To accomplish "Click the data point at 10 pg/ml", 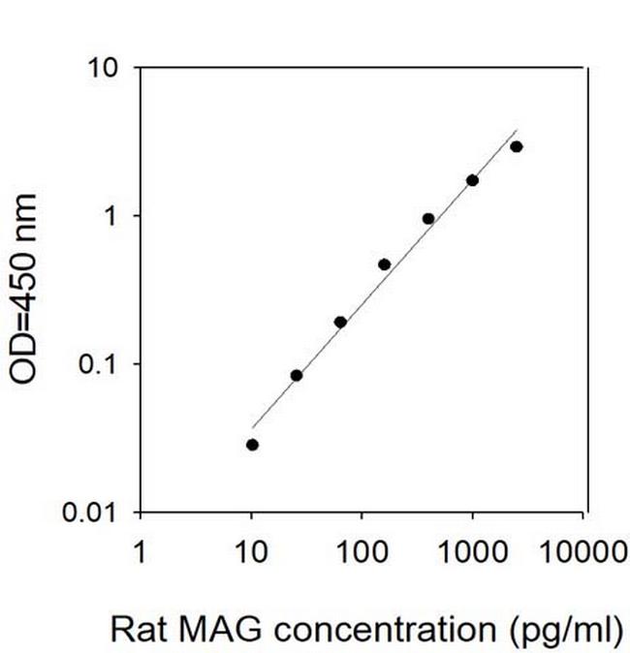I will [252, 445].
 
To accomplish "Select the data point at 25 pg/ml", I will [297, 376].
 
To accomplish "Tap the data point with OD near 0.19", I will [340, 322].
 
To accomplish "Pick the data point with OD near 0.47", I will [384, 264].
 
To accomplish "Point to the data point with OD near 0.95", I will [428, 219].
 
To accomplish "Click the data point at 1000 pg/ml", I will [472, 180].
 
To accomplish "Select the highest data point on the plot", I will [517, 147].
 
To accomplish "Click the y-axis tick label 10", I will [105, 68].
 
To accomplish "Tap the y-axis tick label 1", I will [112, 216].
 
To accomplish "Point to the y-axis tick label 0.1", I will [101, 364].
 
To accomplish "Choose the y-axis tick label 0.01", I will [94, 512].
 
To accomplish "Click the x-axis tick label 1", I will [142, 552].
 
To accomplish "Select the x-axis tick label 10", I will [252, 552].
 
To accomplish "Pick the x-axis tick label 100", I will [362, 552].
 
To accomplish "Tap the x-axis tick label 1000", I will [473, 552].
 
